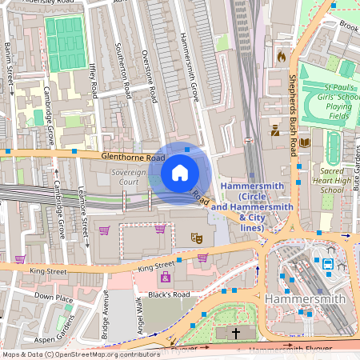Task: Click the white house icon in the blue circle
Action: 180,172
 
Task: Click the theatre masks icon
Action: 194,237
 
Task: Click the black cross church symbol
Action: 235,332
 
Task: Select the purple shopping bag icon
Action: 166,277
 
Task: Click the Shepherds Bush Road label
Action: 294,112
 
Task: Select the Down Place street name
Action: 54,298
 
